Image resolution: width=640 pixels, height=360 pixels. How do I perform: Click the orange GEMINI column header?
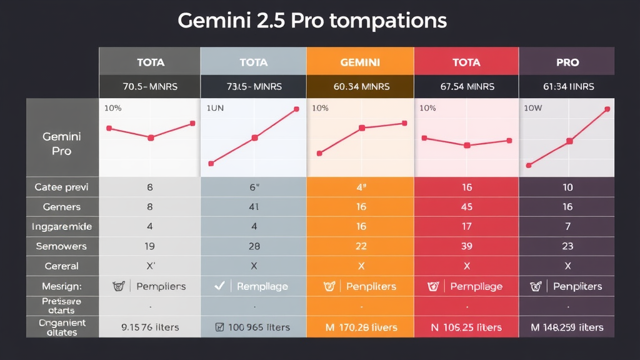click(x=359, y=62)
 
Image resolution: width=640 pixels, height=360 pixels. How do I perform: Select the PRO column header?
click(x=567, y=62)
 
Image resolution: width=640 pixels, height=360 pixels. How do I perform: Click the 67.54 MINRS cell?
click(x=466, y=86)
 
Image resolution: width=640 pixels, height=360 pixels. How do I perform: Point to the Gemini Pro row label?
click(x=61, y=143)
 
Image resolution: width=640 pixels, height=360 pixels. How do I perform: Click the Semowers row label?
click(x=61, y=246)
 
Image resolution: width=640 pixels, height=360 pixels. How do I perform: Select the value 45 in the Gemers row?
click(x=466, y=207)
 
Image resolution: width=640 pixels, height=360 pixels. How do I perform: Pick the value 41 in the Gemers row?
click(x=254, y=207)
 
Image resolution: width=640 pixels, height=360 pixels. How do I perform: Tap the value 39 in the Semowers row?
click(x=466, y=246)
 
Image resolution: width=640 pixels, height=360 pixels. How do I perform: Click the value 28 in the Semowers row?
click(x=254, y=246)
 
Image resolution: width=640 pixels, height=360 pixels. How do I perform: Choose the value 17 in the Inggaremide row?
click(x=466, y=226)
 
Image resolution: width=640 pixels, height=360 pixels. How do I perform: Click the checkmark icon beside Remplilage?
click(x=219, y=286)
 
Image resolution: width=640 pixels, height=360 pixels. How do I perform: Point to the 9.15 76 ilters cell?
click(x=150, y=326)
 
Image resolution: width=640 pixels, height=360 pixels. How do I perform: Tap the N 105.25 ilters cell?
click(x=466, y=326)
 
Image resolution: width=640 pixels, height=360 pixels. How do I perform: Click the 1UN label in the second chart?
click(x=215, y=108)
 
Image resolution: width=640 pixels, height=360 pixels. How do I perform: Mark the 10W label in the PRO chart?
click(x=532, y=108)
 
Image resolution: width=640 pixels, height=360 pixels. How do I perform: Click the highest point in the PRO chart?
click(x=607, y=109)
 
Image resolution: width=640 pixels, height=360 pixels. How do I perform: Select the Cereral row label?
click(x=61, y=266)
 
